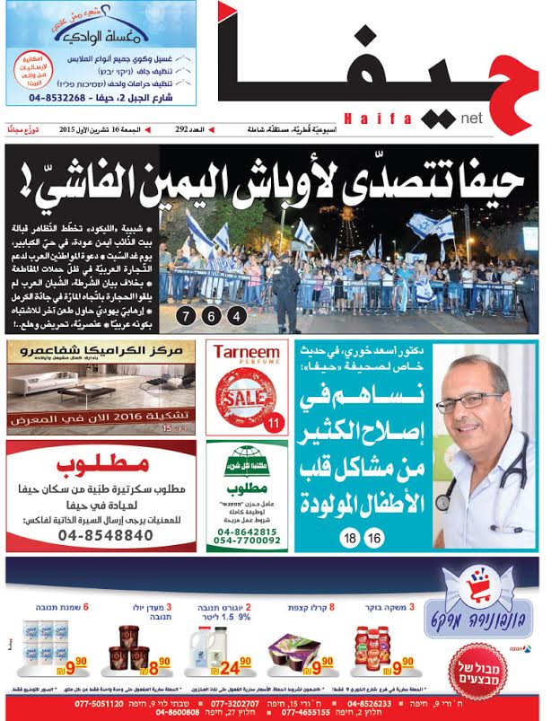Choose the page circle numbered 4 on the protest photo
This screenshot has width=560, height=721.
tap(235, 316)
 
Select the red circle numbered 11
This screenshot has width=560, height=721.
tap(276, 421)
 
